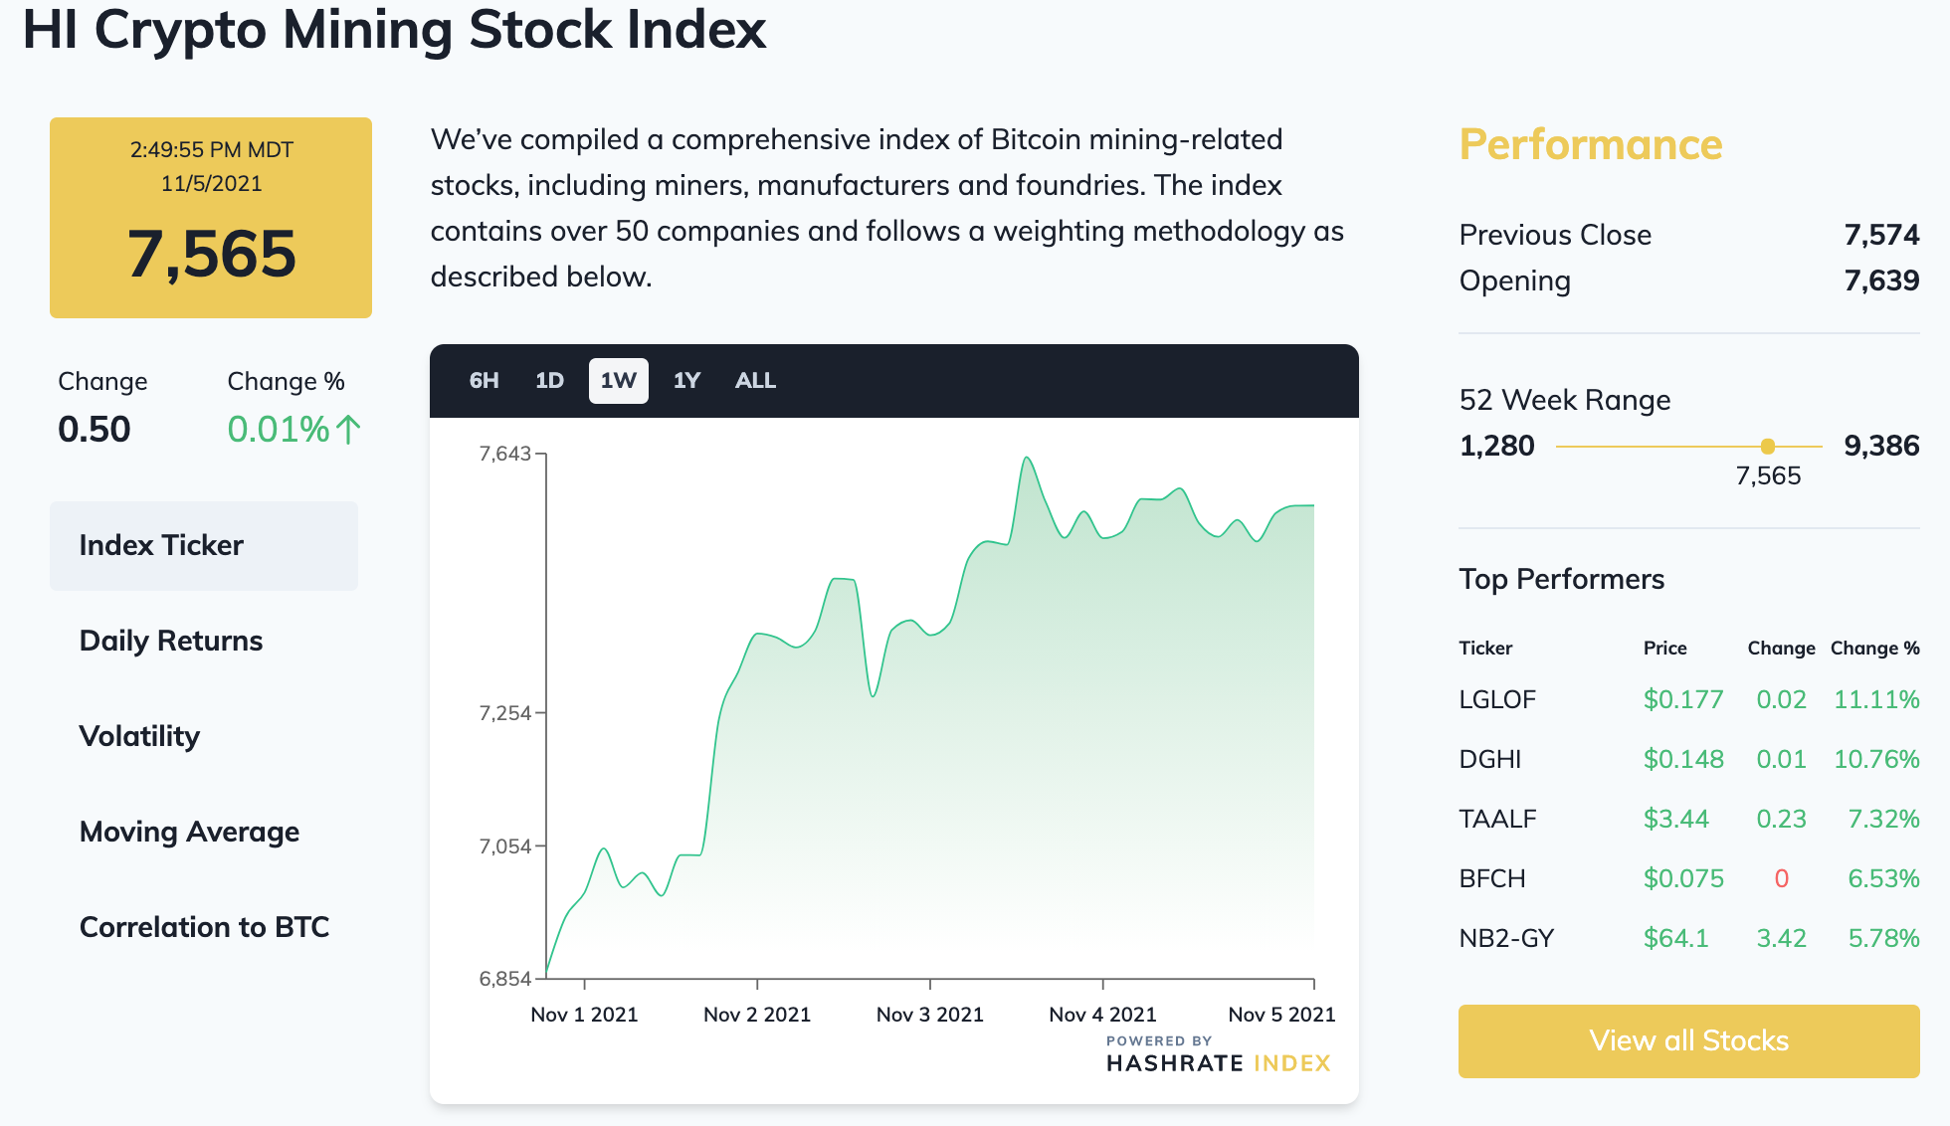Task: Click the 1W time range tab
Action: tap(618, 381)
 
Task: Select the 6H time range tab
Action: tap(484, 381)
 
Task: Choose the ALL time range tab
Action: tap(755, 381)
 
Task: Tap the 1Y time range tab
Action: tap(686, 381)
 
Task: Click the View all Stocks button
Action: tap(1688, 1040)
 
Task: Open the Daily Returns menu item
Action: tap(171, 641)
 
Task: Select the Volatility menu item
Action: tap(139, 736)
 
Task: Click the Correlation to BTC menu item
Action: tap(204, 927)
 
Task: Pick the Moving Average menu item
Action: tap(189, 832)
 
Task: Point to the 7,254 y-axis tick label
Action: tap(505, 713)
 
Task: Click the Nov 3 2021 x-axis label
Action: tap(929, 1015)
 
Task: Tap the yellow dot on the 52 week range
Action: tap(1767, 447)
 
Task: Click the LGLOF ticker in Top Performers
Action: tap(1497, 699)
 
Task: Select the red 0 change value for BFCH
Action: tap(1781, 878)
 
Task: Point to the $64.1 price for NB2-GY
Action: tap(1675, 938)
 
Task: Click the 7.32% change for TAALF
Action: tap(1883, 819)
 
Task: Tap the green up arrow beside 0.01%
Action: tap(347, 430)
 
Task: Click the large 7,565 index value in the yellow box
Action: tap(211, 254)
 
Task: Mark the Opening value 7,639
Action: tap(1881, 281)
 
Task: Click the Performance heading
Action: tap(1590, 144)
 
